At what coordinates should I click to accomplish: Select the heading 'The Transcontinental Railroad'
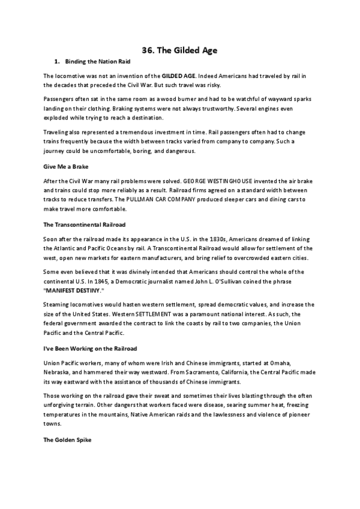coord(85,224)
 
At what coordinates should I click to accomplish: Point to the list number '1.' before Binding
coord(57,62)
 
